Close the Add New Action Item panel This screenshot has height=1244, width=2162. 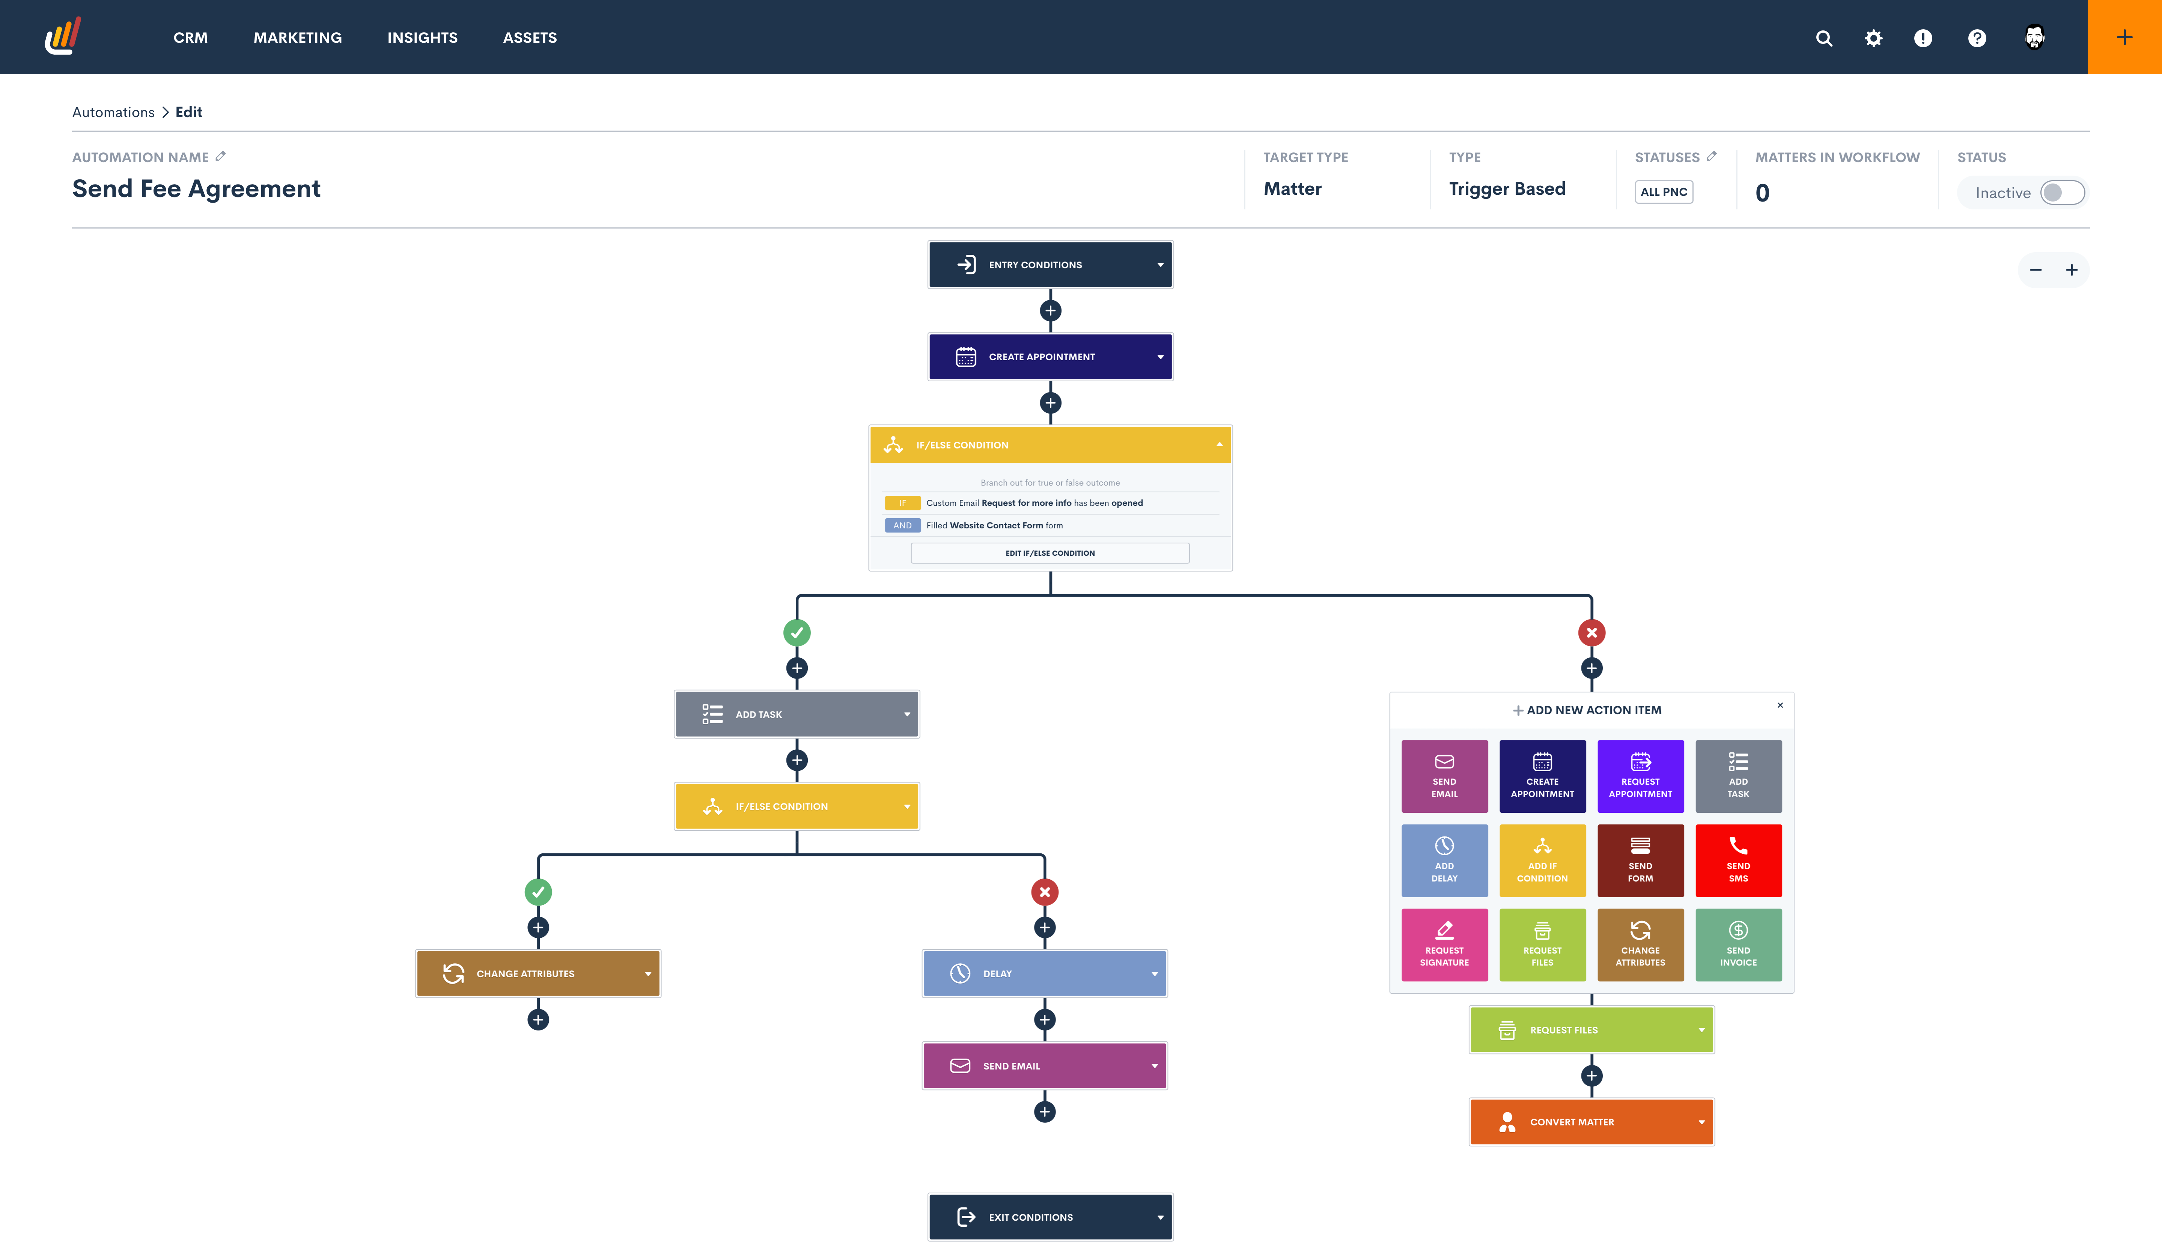coord(1780,705)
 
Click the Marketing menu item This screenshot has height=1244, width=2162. coord(297,38)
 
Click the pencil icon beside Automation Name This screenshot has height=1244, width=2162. coord(220,156)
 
